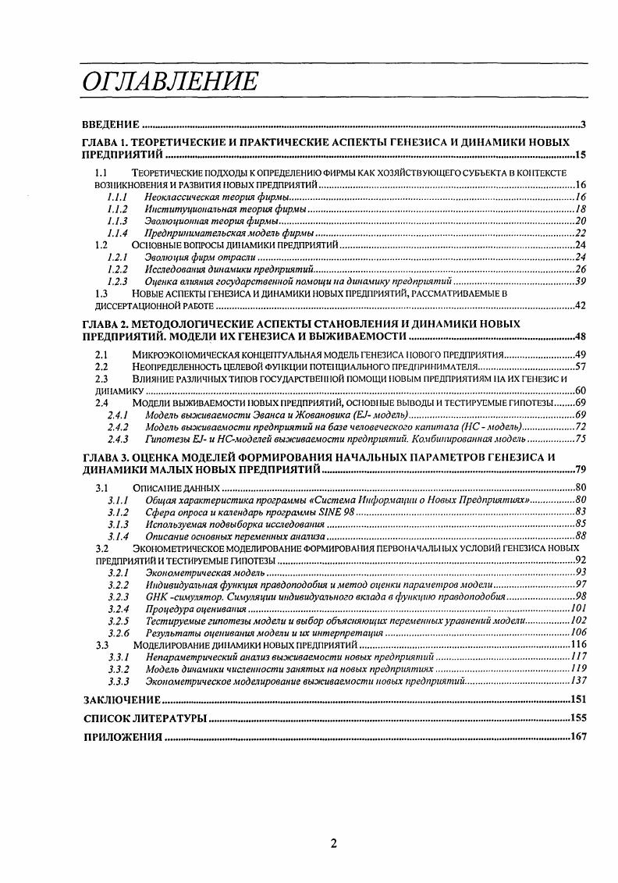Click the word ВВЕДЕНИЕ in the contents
[x=111, y=125]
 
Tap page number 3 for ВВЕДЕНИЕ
[x=583, y=125]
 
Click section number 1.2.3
[x=117, y=281]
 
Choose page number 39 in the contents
[x=581, y=281]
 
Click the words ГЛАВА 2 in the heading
[x=108, y=322]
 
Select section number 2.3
[x=101, y=378]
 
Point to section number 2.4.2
[x=117, y=427]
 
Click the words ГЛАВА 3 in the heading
[x=108, y=457]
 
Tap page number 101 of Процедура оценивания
[x=577, y=608]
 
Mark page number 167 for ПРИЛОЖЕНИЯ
[x=577, y=737]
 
